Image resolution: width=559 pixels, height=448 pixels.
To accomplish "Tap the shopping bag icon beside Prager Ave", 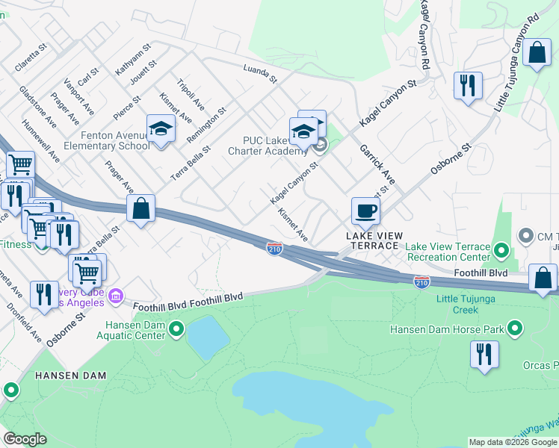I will [x=140, y=209].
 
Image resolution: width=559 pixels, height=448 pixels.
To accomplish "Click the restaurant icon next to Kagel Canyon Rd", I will [x=468, y=84].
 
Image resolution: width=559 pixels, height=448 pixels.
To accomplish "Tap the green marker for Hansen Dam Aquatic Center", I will [x=176, y=329].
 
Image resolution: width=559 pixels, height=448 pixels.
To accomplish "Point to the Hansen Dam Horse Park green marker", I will [x=514, y=328].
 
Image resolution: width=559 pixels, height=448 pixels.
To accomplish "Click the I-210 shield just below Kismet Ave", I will [x=274, y=249].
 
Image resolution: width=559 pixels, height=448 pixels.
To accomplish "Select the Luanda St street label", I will [x=260, y=74].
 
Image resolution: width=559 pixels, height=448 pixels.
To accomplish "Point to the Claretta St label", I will [x=31, y=57].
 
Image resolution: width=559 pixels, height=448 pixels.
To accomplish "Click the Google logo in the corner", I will [x=25, y=439].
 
